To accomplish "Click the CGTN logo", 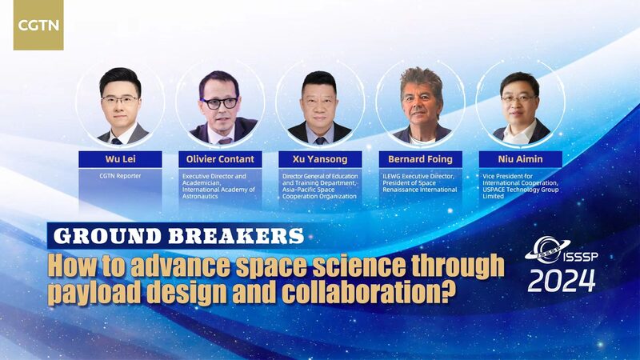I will (38, 25).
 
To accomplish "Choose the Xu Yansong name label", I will (321, 159).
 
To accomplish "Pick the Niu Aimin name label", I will (520, 159).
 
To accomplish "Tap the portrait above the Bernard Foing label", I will (420, 104).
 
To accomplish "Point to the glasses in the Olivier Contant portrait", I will (219, 102).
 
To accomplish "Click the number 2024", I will (561, 281).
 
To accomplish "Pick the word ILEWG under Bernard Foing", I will (397, 175).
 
